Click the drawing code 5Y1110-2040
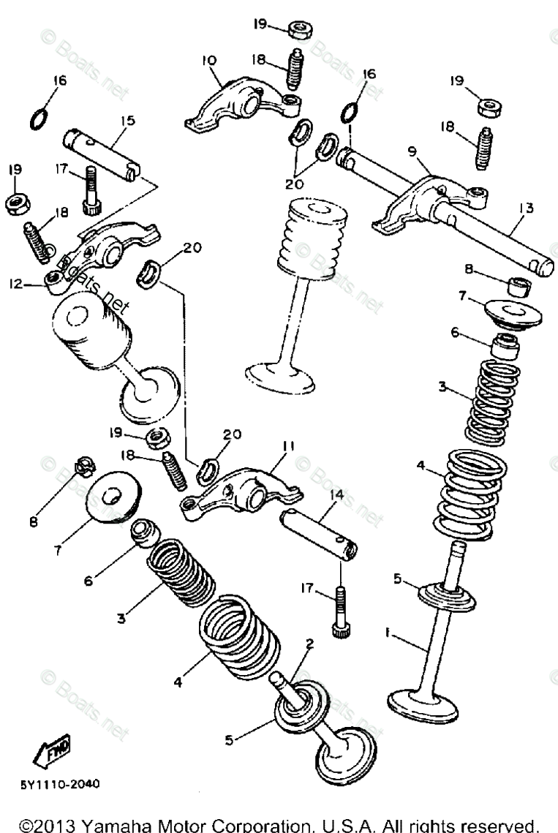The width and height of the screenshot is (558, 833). pyautogui.click(x=60, y=783)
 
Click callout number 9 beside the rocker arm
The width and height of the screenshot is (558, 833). pyautogui.click(x=412, y=152)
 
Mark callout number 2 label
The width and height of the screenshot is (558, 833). pyautogui.click(x=309, y=644)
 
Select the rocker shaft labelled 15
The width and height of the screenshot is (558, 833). pyautogui.click(x=102, y=151)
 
